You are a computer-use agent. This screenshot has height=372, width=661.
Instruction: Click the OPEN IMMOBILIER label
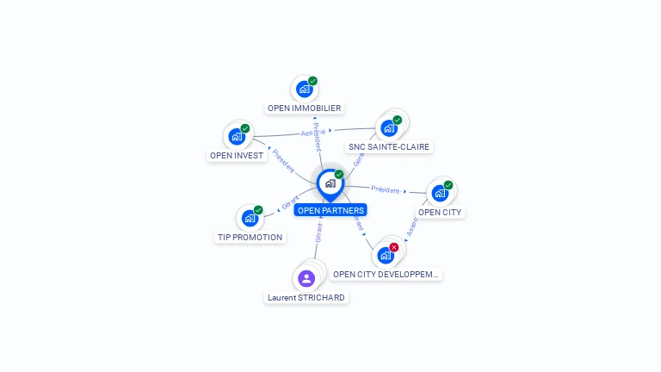tap(305, 108)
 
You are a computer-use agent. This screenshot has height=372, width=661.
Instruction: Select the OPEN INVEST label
tap(237, 156)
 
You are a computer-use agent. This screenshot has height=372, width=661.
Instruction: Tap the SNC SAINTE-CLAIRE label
tap(389, 147)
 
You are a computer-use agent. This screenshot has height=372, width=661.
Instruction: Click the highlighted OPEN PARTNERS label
tap(330, 210)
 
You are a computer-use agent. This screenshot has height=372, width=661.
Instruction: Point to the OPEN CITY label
tap(440, 212)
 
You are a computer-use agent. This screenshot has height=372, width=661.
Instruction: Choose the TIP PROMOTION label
tap(250, 237)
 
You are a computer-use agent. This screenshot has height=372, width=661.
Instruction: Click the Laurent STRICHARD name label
tap(306, 298)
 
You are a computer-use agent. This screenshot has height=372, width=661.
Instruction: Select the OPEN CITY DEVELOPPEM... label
tap(386, 275)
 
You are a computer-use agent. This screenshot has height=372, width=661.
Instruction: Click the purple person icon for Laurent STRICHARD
tap(306, 278)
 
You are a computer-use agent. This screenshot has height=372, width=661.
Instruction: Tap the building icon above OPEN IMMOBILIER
tap(304, 89)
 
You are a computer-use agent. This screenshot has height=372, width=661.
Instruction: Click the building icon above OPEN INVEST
tap(237, 136)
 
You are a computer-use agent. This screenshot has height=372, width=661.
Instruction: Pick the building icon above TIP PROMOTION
tap(250, 217)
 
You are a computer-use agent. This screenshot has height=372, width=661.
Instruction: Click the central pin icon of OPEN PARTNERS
tap(330, 183)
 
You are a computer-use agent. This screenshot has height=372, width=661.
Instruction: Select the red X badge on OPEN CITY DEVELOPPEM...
tap(394, 247)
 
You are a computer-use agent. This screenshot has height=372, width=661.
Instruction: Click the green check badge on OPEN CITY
tap(448, 185)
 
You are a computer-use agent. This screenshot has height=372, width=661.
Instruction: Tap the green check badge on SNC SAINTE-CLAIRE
tap(397, 121)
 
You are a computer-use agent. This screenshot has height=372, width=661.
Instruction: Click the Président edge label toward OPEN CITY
tap(385, 189)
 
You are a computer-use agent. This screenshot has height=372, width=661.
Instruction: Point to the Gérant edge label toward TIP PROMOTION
tap(291, 204)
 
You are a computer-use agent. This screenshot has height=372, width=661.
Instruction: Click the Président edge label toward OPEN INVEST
tap(283, 162)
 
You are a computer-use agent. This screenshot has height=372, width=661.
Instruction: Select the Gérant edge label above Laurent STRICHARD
tap(318, 232)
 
